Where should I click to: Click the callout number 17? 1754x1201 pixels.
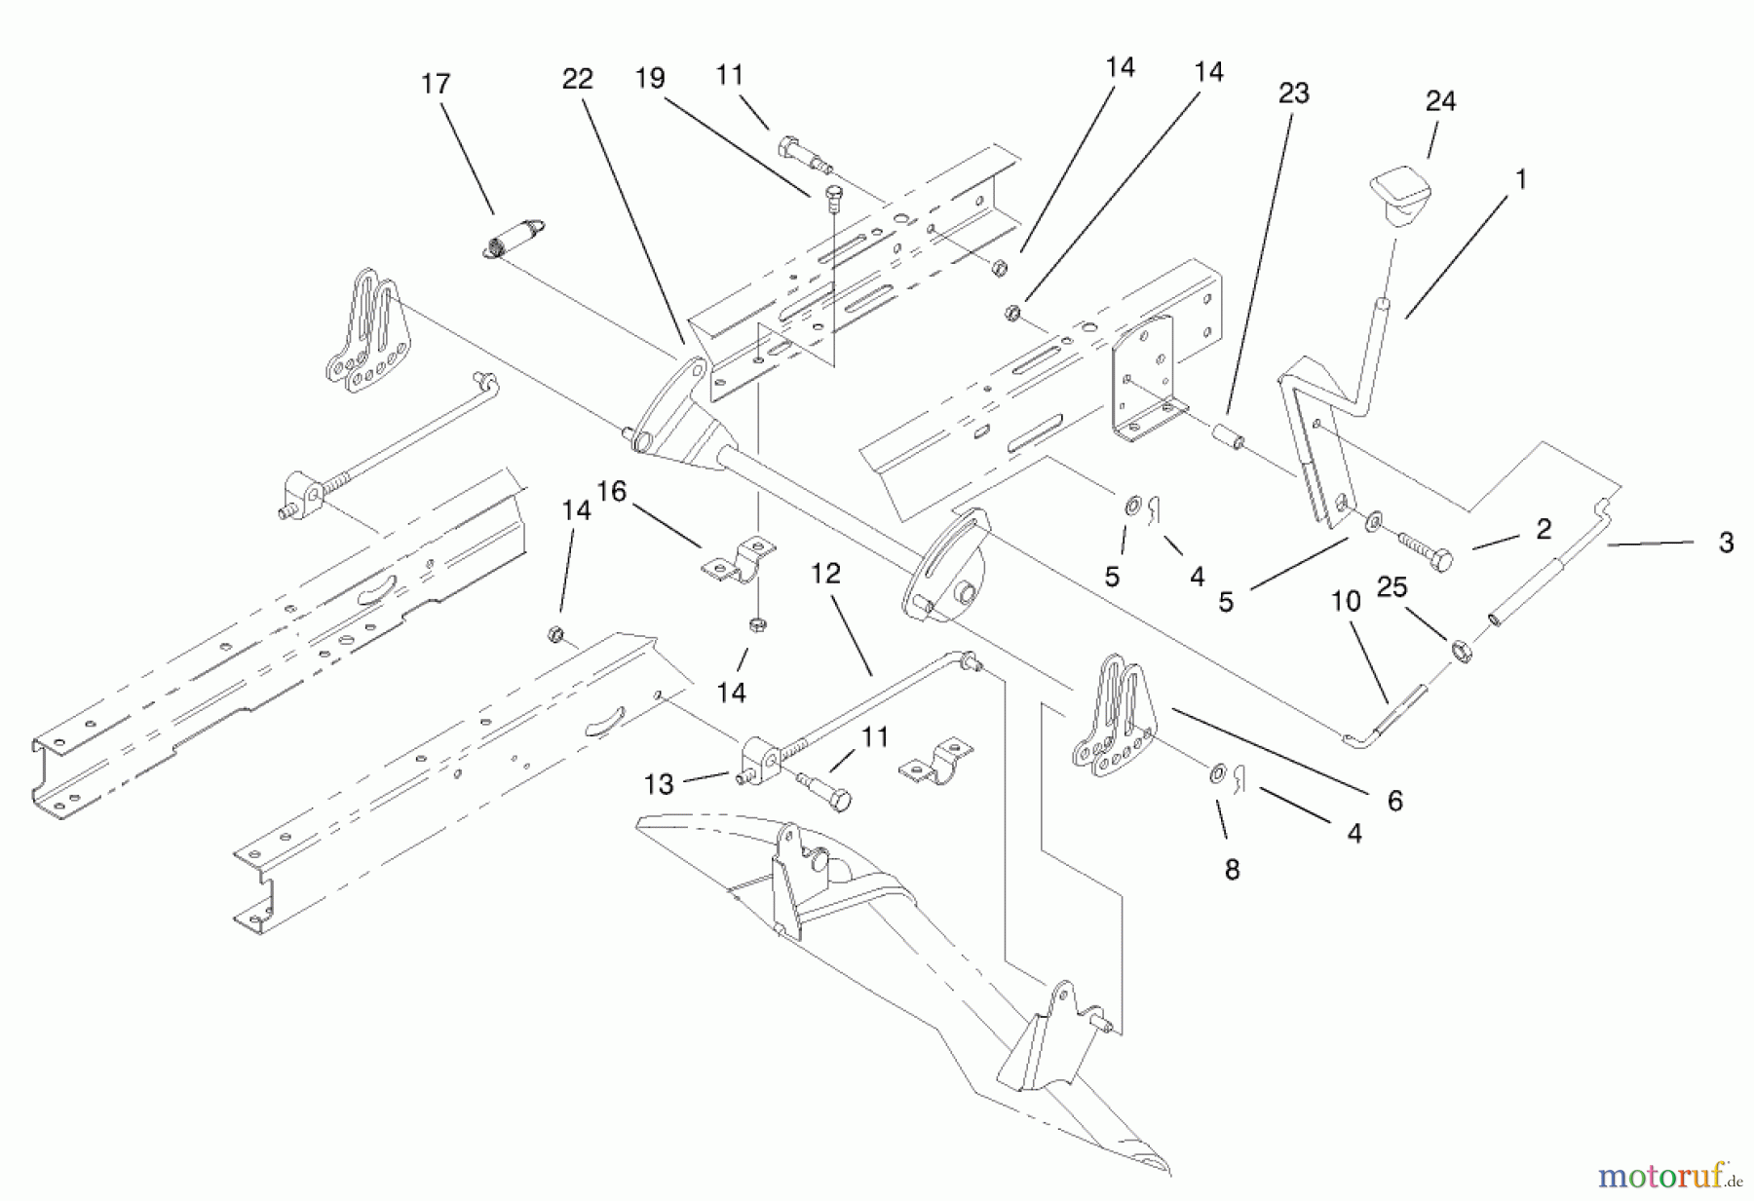pyautogui.click(x=436, y=84)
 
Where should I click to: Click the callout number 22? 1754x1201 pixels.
pyautogui.click(x=577, y=79)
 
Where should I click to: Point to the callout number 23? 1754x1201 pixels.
pyautogui.click(x=1293, y=94)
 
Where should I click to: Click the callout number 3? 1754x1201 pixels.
pyautogui.click(x=1726, y=544)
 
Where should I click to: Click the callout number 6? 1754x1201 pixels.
pyautogui.click(x=1394, y=801)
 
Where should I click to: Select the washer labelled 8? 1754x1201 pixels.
pyautogui.click(x=1218, y=774)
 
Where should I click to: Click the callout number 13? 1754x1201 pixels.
pyautogui.click(x=659, y=784)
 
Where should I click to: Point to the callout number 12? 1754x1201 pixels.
pyautogui.click(x=824, y=574)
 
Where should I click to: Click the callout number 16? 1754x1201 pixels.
pyautogui.click(x=611, y=491)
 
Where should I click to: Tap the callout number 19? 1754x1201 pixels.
pyautogui.click(x=650, y=79)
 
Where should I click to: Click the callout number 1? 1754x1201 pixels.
pyautogui.click(x=1520, y=179)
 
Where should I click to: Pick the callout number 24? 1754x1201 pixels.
pyautogui.click(x=1440, y=101)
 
